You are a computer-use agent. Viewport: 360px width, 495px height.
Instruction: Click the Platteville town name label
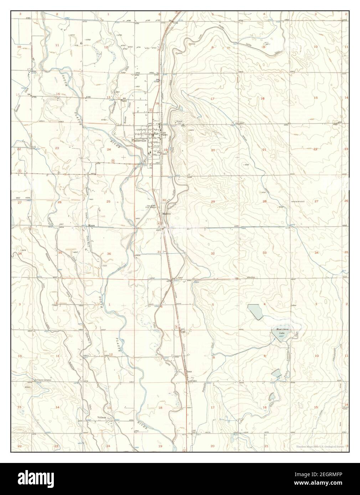pyautogui.click(x=140, y=141)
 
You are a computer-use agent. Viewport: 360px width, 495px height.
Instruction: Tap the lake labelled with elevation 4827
pyautogui.click(x=282, y=334)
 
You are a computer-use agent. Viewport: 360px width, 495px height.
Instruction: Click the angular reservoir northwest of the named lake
pyautogui.click(x=256, y=311)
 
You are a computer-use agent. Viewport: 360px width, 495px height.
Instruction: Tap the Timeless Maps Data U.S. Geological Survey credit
pyautogui.click(x=320, y=447)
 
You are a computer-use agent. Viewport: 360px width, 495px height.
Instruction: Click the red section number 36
pyautogui.click(x=109, y=253)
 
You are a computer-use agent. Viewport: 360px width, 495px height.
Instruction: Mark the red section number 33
pyautogui.click(x=264, y=252)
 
